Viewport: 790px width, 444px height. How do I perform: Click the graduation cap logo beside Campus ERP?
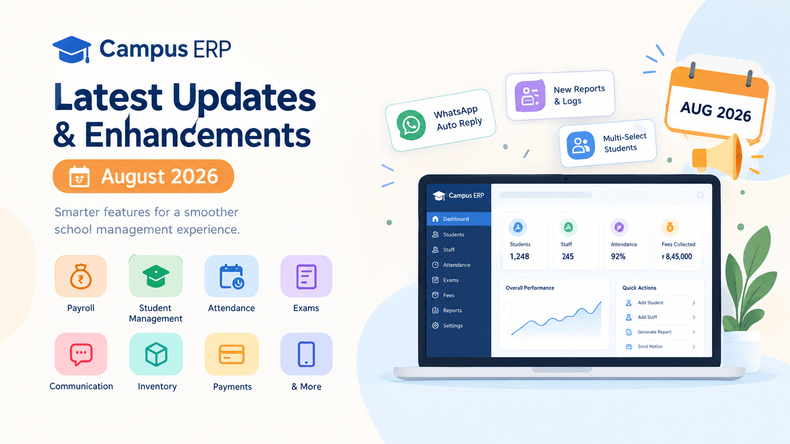pyautogui.click(x=72, y=50)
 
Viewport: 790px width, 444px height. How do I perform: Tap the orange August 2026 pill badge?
pyautogui.click(x=143, y=176)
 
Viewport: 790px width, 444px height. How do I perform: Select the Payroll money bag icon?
pyautogui.click(x=81, y=276)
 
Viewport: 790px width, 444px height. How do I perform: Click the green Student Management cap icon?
pyautogui.click(x=155, y=276)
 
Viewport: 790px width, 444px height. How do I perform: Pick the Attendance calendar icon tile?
pyautogui.click(x=232, y=276)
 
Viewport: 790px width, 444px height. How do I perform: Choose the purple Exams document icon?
pyautogui.click(x=306, y=276)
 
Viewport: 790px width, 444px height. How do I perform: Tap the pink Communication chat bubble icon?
pyautogui.click(x=81, y=354)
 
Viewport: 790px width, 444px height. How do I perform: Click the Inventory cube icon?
pyautogui.click(x=156, y=354)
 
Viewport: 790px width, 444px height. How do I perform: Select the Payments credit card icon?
pyautogui.click(x=232, y=354)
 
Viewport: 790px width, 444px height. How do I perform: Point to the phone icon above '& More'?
pyautogui.click(x=306, y=354)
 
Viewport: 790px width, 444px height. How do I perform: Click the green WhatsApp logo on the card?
pyautogui.click(x=411, y=125)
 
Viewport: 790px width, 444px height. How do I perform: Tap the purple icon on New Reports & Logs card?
pyautogui.click(x=530, y=96)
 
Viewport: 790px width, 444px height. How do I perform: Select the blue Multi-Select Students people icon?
pyautogui.click(x=581, y=145)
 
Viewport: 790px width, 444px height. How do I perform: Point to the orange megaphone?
pyautogui.click(x=717, y=157)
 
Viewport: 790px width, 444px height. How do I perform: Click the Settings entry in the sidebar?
pyautogui.click(x=453, y=325)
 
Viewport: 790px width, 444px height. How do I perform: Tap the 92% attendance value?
pyautogui.click(x=618, y=256)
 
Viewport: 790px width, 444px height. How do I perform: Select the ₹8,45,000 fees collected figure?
pyautogui.click(x=677, y=257)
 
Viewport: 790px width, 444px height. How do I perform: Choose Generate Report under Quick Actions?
pyautogui.click(x=654, y=332)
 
